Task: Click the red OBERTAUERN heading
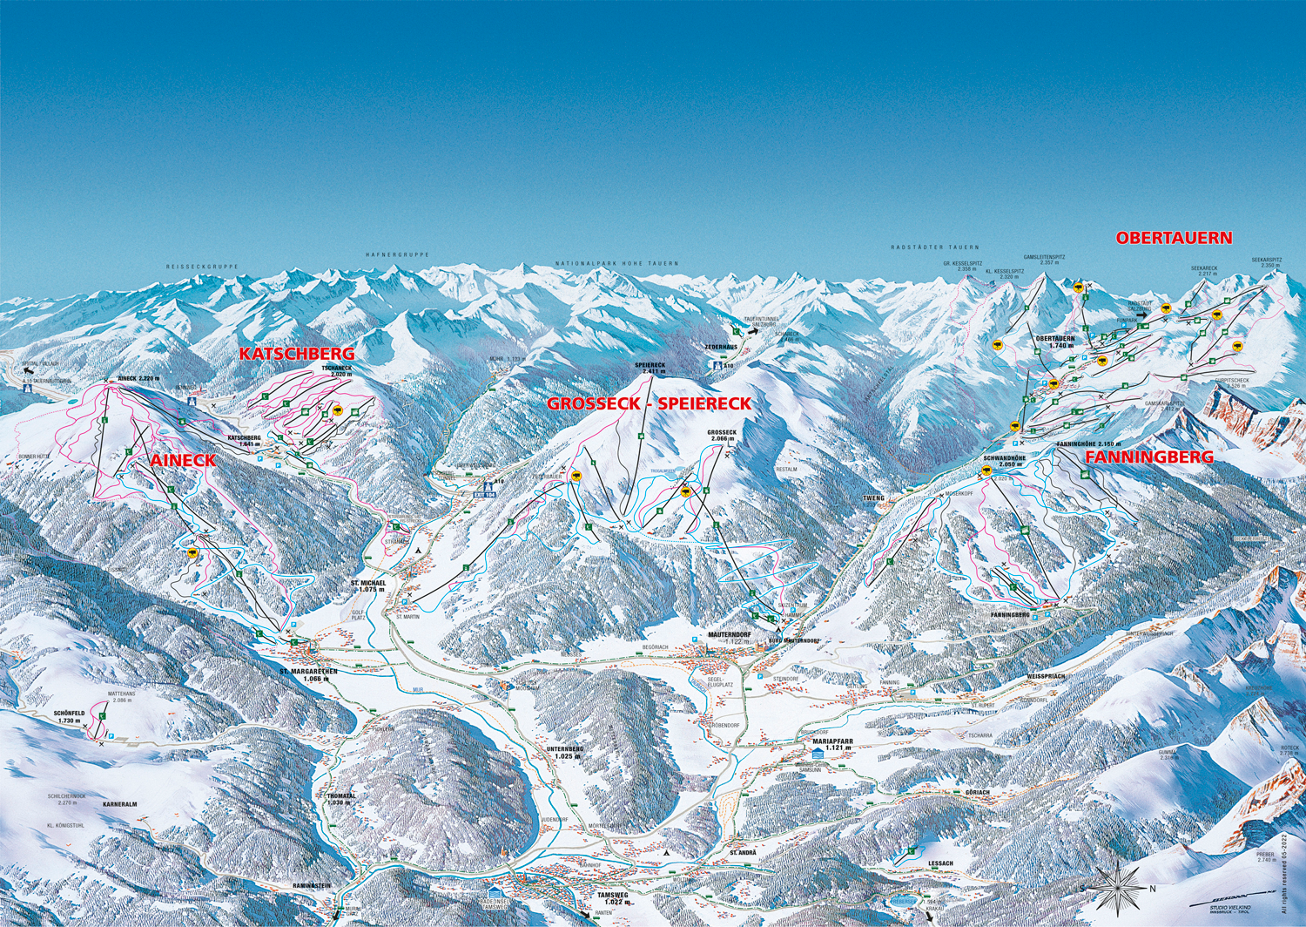pyautogui.click(x=1174, y=238)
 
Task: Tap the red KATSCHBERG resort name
pyautogui.click(x=297, y=354)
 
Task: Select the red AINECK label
pyautogui.click(x=182, y=461)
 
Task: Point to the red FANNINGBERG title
pyautogui.click(x=1148, y=457)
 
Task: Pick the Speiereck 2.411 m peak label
pyautogui.click(x=650, y=369)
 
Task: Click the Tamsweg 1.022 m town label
pyautogui.click(x=612, y=898)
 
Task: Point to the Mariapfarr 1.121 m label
pyautogui.click(x=832, y=745)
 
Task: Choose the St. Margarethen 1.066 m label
pyautogui.click(x=307, y=675)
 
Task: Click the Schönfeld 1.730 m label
pyautogui.click(x=69, y=716)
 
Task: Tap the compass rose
pyautogui.click(x=1116, y=889)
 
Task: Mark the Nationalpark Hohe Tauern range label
pyautogui.click(x=616, y=263)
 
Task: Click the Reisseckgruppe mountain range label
pyautogui.click(x=202, y=267)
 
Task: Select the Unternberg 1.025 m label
pyautogui.click(x=564, y=753)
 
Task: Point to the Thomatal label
pyautogui.click(x=341, y=799)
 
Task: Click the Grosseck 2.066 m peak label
pyautogui.click(x=722, y=436)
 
